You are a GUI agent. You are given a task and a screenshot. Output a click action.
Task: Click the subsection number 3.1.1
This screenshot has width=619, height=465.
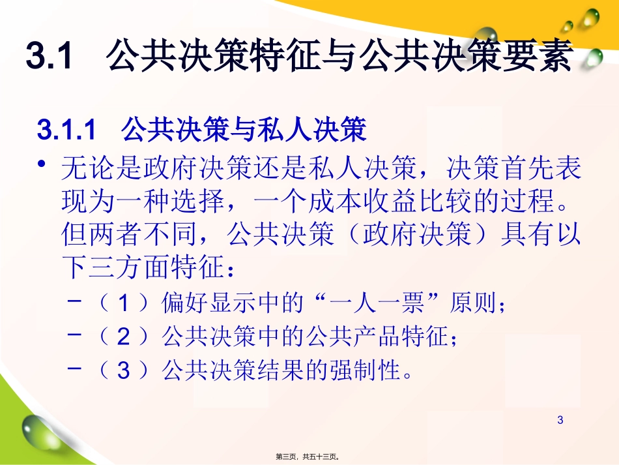tap(66, 130)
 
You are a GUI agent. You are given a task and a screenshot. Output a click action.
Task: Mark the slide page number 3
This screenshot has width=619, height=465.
tap(560, 421)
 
